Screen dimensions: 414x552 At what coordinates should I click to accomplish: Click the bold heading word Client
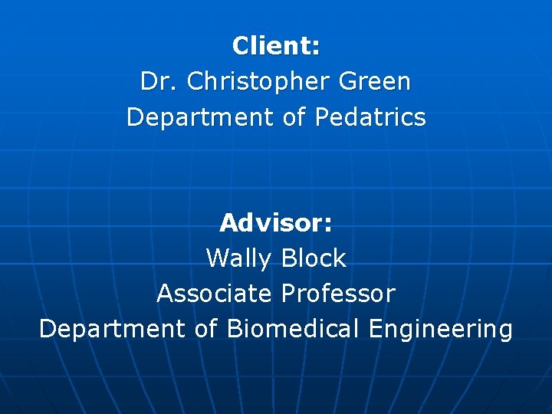click(x=272, y=46)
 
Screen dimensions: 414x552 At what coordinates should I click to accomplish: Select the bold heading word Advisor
click(x=272, y=223)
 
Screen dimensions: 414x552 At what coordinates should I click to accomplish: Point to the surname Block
click(x=314, y=258)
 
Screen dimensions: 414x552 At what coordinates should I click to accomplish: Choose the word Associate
click(x=215, y=294)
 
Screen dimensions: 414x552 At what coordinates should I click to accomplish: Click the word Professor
click(x=338, y=294)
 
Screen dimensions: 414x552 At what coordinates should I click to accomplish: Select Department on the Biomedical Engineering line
click(x=112, y=329)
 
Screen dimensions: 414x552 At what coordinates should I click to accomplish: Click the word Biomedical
click(x=293, y=329)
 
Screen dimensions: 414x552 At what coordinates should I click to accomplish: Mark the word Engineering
click(x=440, y=329)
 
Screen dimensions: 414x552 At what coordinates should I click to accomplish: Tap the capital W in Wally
click(x=218, y=258)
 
